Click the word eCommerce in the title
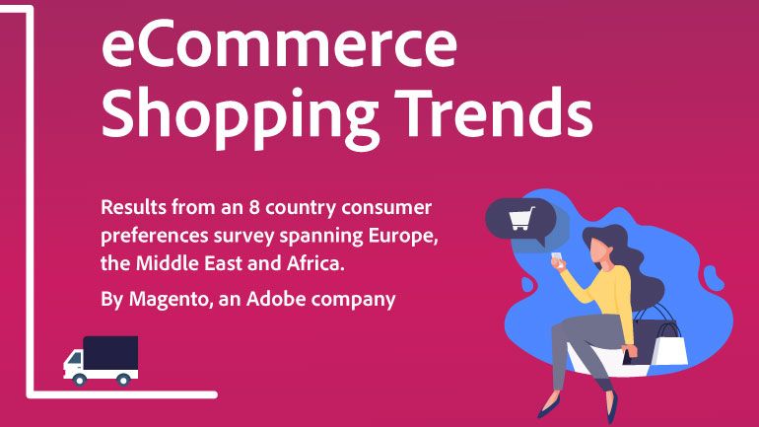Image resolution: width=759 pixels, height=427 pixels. pyautogui.click(x=279, y=43)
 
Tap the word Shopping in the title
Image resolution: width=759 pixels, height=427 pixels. pyautogui.click(x=241, y=116)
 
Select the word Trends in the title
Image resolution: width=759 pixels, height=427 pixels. pyautogui.click(x=494, y=112)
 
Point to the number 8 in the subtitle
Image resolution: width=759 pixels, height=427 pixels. pyautogui.click(x=254, y=207)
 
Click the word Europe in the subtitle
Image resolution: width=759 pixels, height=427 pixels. pyautogui.click(x=403, y=237)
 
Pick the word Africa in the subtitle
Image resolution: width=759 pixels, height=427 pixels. pyautogui.click(x=315, y=263)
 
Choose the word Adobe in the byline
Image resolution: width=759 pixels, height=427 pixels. pyautogui.click(x=276, y=298)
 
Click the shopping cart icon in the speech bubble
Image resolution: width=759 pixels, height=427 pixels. pyautogui.click(x=521, y=218)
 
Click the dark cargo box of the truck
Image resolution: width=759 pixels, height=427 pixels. pyautogui.click(x=110, y=353)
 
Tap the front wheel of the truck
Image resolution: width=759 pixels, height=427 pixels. pyautogui.click(x=80, y=380)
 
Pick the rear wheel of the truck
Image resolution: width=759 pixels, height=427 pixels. pyautogui.click(x=123, y=380)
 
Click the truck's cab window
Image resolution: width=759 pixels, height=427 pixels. pyautogui.click(x=74, y=359)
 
